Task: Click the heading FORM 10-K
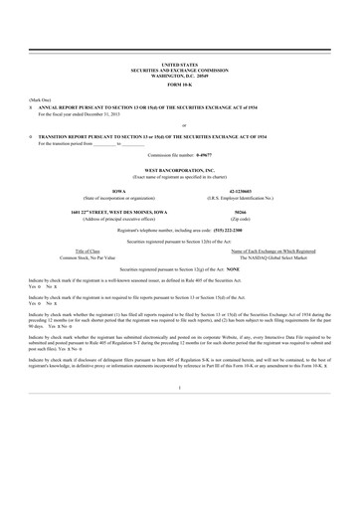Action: [179, 82]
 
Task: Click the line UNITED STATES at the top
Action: [179, 62]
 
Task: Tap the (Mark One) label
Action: [40, 101]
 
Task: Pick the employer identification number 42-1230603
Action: [247, 190]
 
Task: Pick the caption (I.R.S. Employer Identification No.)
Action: [247, 197]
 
